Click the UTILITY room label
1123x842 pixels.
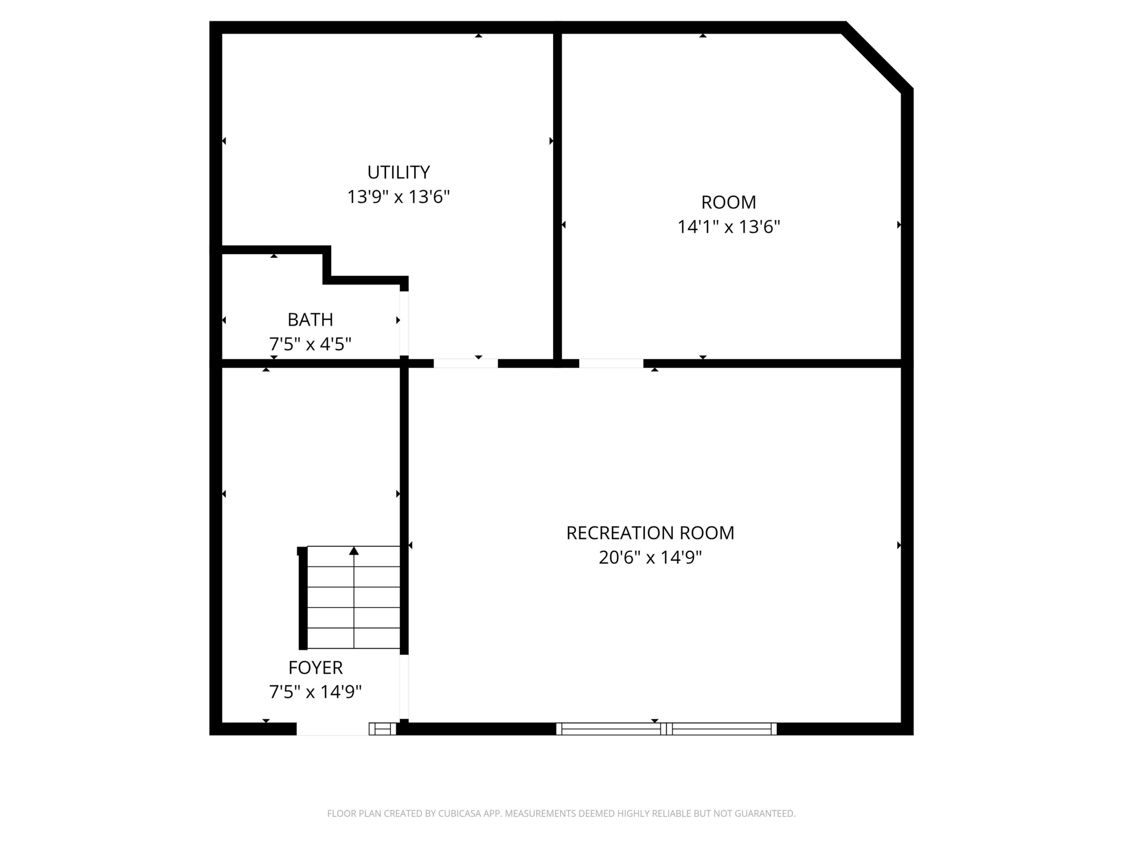398,172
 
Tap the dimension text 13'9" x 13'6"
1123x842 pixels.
398,197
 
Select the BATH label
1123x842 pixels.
310,320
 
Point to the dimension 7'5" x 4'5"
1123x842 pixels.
310,344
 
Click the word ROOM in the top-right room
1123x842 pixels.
729,203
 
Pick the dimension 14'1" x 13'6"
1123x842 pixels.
729,227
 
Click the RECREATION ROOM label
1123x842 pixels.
651,533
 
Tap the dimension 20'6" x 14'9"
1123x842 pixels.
651,557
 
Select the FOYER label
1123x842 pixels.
315,667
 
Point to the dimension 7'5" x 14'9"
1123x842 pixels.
315,692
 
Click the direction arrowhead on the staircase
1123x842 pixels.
354,551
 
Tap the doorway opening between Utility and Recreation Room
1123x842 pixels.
465,364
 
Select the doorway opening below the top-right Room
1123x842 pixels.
611,364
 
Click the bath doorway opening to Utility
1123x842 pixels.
404,323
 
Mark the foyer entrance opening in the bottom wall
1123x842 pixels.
333,729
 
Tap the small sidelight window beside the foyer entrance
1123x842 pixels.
382,729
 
